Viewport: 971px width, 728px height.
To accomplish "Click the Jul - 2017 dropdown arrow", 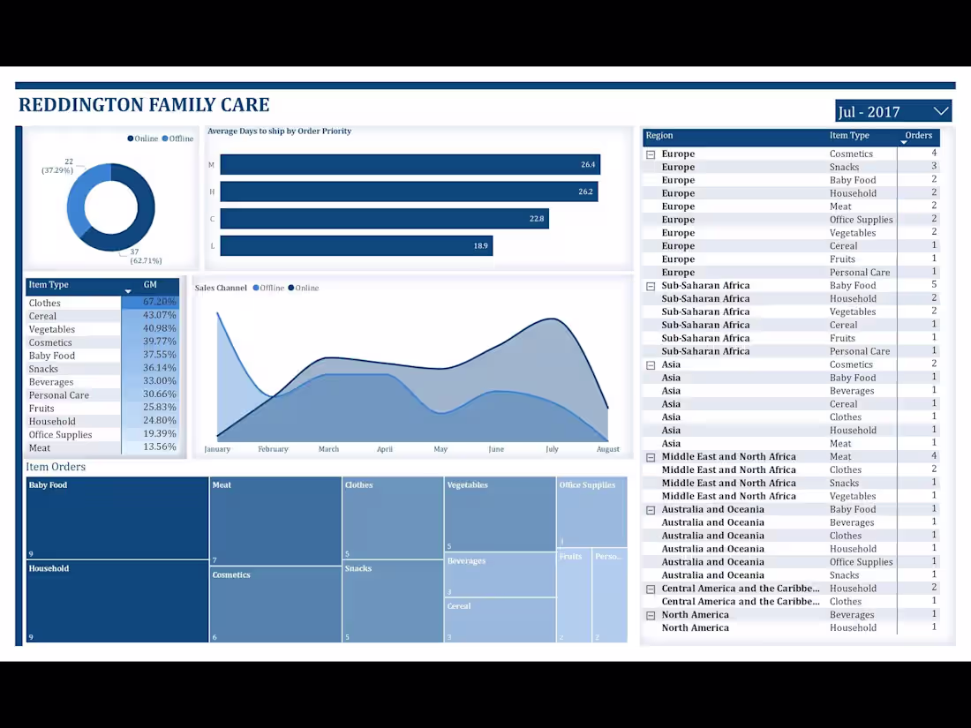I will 940,111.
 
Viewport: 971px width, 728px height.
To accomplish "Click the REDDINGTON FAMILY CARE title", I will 144,105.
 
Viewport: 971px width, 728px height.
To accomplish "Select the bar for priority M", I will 410,164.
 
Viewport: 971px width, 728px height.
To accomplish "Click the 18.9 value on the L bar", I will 480,245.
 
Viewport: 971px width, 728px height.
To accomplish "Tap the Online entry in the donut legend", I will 143,139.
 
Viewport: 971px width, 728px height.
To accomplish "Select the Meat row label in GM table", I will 40,447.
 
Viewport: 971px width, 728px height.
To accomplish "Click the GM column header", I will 150,285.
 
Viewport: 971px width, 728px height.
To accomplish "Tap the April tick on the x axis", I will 385,449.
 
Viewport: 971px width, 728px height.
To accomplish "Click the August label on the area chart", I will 607,449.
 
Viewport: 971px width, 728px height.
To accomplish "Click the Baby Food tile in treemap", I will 117,518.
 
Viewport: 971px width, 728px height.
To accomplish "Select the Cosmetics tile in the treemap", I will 275,604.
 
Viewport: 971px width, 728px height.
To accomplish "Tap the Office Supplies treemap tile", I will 591,512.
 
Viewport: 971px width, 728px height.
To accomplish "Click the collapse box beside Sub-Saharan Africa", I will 651,286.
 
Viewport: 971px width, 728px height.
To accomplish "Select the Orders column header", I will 918,136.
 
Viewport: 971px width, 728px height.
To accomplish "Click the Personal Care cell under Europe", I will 859,273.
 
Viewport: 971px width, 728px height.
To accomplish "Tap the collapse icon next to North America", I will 651,615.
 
